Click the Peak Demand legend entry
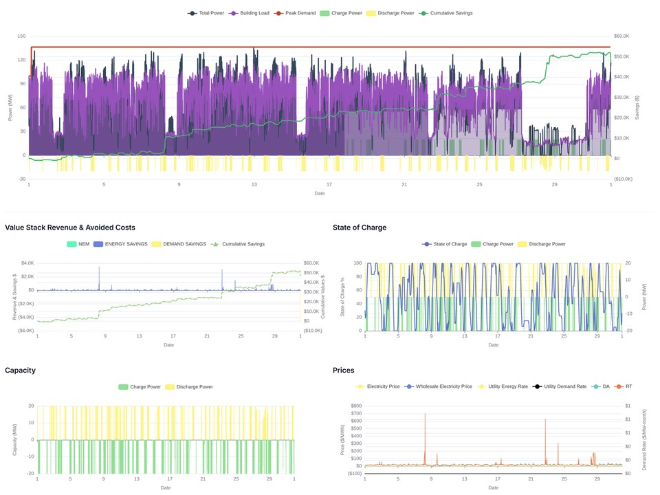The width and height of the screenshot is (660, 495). click(295, 13)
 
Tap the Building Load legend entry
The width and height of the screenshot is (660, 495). click(249, 13)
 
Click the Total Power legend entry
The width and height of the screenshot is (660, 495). click(206, 13)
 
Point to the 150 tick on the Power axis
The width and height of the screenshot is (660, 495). click(21, 36)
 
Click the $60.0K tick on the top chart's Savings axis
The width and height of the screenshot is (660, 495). click(621, 36)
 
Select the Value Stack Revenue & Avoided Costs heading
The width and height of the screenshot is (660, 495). click(70, 228)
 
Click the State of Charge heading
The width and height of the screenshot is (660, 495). click(360, 228)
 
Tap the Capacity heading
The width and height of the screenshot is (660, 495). click(20, 371)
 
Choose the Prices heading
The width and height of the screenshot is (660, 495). click(344, 371)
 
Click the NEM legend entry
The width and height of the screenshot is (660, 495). click(78, 244)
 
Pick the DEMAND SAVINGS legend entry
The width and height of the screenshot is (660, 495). click(179, 244)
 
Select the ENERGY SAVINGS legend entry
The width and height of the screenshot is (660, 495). click(120, 244)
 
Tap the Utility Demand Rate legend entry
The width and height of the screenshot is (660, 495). click(560, 386)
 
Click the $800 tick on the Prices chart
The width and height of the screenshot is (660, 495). click(356, 406)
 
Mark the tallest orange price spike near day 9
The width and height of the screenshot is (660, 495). click(425, 414)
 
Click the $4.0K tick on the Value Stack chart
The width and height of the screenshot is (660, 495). click(27, 263)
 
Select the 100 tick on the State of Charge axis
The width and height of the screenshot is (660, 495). click(357, 263)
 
